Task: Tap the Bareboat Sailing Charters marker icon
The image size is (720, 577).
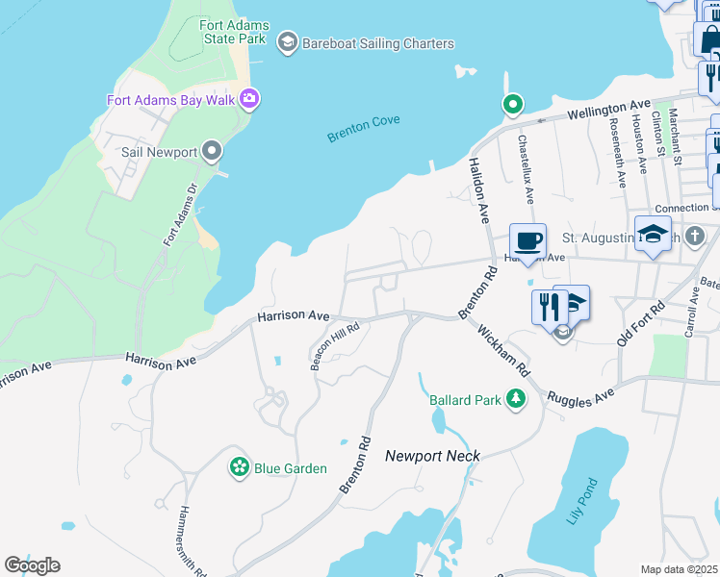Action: point(287,42)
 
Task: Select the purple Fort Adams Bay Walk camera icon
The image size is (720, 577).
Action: point(249,98)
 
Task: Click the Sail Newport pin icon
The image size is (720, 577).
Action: point(213,152)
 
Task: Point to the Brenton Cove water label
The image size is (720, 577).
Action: point(363,129)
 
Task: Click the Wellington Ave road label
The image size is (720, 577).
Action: point(609,110)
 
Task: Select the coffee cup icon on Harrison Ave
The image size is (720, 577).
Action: point(528,240)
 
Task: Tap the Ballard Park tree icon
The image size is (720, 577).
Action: point(516,398)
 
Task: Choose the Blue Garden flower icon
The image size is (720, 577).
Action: point(239,467)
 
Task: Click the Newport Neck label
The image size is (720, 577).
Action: point(432,456)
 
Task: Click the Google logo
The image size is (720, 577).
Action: point(32,565)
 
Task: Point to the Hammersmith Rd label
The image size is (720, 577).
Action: point(192,540)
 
